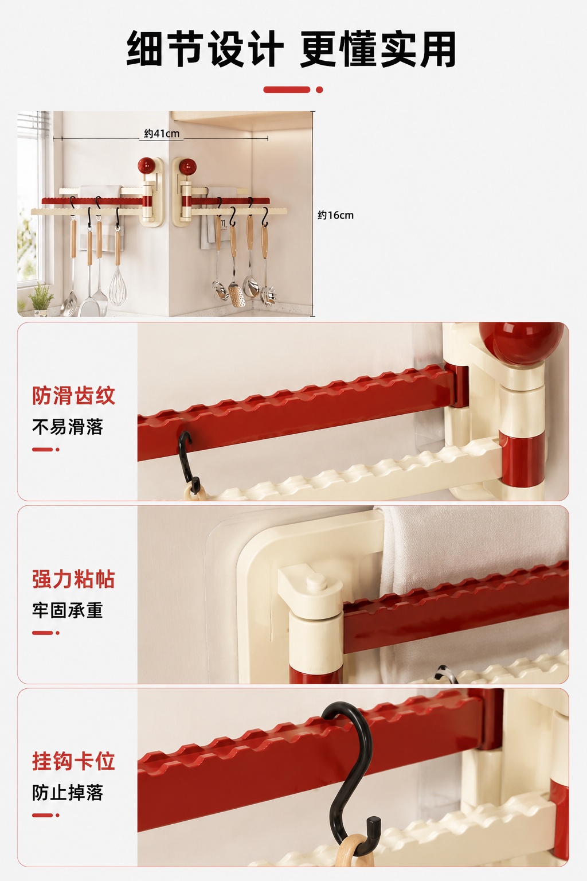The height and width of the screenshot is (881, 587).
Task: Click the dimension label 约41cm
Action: (162, 134)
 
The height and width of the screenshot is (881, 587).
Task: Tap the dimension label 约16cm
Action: (335, 215)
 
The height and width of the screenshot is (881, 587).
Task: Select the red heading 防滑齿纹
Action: (73, 396)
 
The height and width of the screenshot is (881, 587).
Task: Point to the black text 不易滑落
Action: (67, 427)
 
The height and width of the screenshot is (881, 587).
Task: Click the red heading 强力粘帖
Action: (73, 579)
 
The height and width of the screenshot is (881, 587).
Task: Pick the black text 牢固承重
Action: (67, 610)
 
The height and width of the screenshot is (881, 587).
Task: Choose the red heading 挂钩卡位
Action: (73, 762)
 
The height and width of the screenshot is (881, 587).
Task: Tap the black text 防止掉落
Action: (67, 793)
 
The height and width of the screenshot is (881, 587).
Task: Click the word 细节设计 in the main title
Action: (205, 49)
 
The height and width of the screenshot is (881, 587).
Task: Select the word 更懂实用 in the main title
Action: (378, 49)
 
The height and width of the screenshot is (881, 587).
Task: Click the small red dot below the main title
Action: (319, 89)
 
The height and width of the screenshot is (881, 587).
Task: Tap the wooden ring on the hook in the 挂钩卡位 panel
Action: (355, 853)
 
